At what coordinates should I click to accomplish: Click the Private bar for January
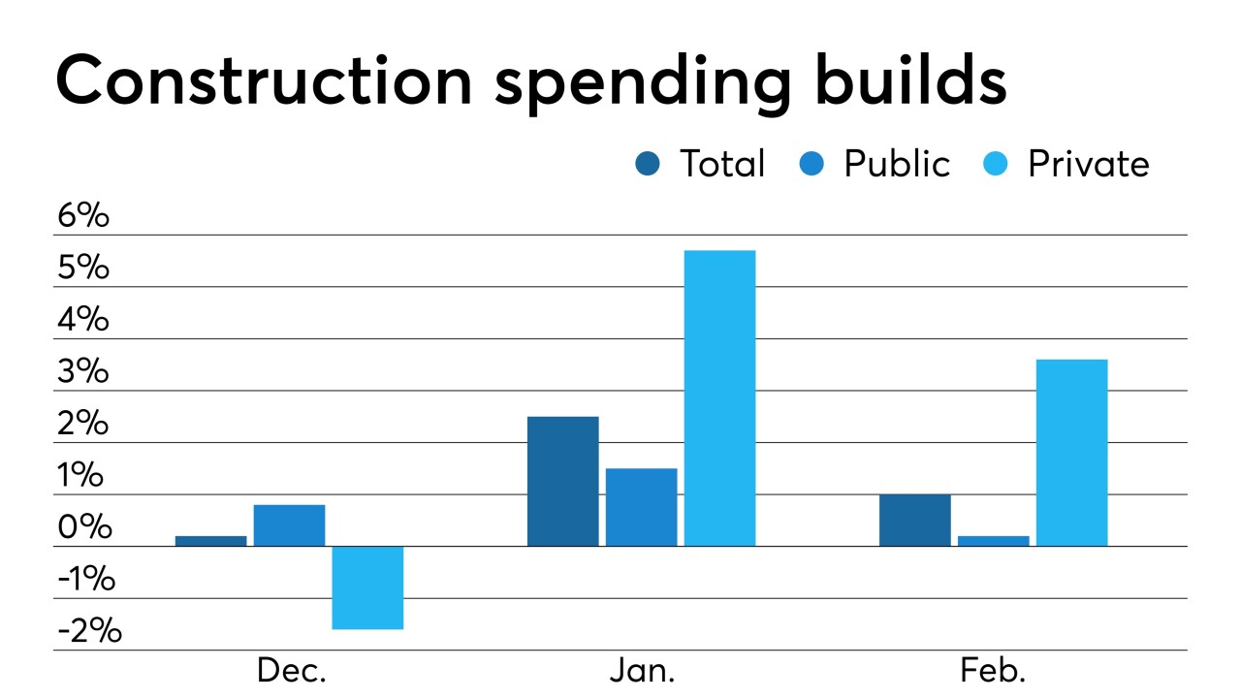719,397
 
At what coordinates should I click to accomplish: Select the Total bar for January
562,481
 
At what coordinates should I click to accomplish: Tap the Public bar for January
641,507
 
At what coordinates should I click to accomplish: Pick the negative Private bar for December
367,587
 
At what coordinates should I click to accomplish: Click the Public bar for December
289,525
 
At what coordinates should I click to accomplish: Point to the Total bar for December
210,541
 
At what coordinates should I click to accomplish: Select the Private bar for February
1071,452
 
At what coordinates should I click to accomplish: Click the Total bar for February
914,521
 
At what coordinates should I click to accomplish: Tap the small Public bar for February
993,541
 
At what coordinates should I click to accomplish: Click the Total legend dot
648,164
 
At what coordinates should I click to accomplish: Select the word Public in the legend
896,164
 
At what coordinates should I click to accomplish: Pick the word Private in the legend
1088,164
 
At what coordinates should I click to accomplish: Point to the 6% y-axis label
82,216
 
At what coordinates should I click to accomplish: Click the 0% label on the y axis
82,528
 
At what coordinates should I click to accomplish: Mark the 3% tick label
82,372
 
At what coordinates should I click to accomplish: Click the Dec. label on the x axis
291,672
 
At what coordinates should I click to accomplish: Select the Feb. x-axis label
993,672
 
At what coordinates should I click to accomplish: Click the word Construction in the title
264,81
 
